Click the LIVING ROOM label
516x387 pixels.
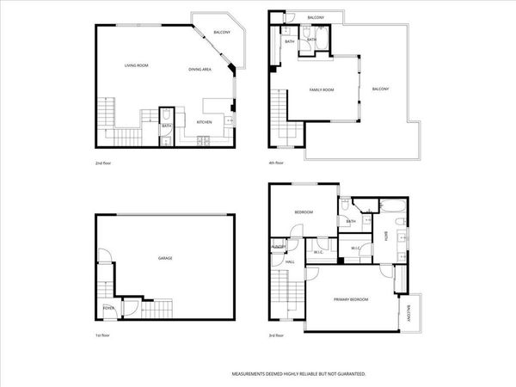click(x=136, y=65)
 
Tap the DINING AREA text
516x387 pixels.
click(x=200, y=69)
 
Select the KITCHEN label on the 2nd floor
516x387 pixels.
click(x=204, y=122)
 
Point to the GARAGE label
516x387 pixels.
click(x=164, y=258)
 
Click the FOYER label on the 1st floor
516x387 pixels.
click(x=108, y=307)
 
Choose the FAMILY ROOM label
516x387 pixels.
click(x=322, y=89)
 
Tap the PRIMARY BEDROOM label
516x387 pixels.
click(x=351, y=299)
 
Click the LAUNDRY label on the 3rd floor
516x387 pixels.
click(x=279, y=248)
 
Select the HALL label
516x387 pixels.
click(x=290, y=261)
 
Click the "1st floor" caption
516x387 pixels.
click(x=104, y=335)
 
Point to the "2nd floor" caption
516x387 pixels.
click(x=104, y=162)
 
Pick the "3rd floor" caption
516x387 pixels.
click(x=276, y=335)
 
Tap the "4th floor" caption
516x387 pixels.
click(x=276, y=162)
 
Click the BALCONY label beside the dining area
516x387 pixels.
click(x=221, y=33)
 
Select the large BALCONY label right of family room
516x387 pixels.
click(x=381, y=89)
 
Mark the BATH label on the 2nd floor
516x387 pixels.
click(x=166, y=127)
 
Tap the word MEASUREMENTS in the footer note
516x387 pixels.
click(x=253, y=374)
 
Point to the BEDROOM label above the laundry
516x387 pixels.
click(x=304, y=212)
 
